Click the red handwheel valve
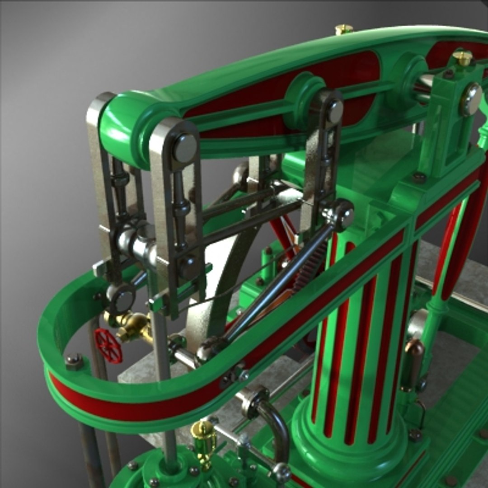(108, 346)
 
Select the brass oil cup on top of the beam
(343, 30)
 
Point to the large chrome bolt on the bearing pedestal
(471, 99)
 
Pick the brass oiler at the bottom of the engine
(203, 441)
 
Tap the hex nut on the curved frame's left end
(74, 361)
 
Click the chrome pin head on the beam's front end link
(185, 148)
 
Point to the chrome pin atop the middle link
(335, 111)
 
